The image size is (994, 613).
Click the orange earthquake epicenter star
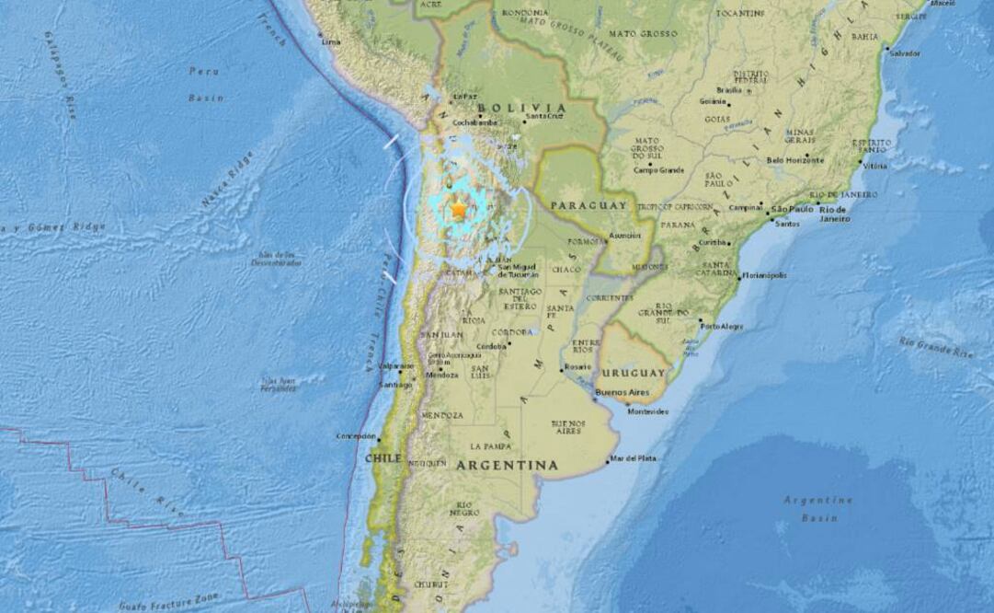coord(459,210)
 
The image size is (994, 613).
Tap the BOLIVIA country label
coord(534,108)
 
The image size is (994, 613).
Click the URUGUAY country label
coord(634,373)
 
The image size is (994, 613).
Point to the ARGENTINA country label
coord(507,466)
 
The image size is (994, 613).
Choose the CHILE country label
coord(384,457)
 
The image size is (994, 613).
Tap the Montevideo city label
coord(647,411)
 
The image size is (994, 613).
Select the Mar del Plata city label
coord(634,457)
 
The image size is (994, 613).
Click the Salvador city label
coord(904,53)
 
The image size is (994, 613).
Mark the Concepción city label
coord(356,435)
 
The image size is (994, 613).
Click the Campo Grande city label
coord(659,169)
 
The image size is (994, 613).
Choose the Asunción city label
coord(624,235)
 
